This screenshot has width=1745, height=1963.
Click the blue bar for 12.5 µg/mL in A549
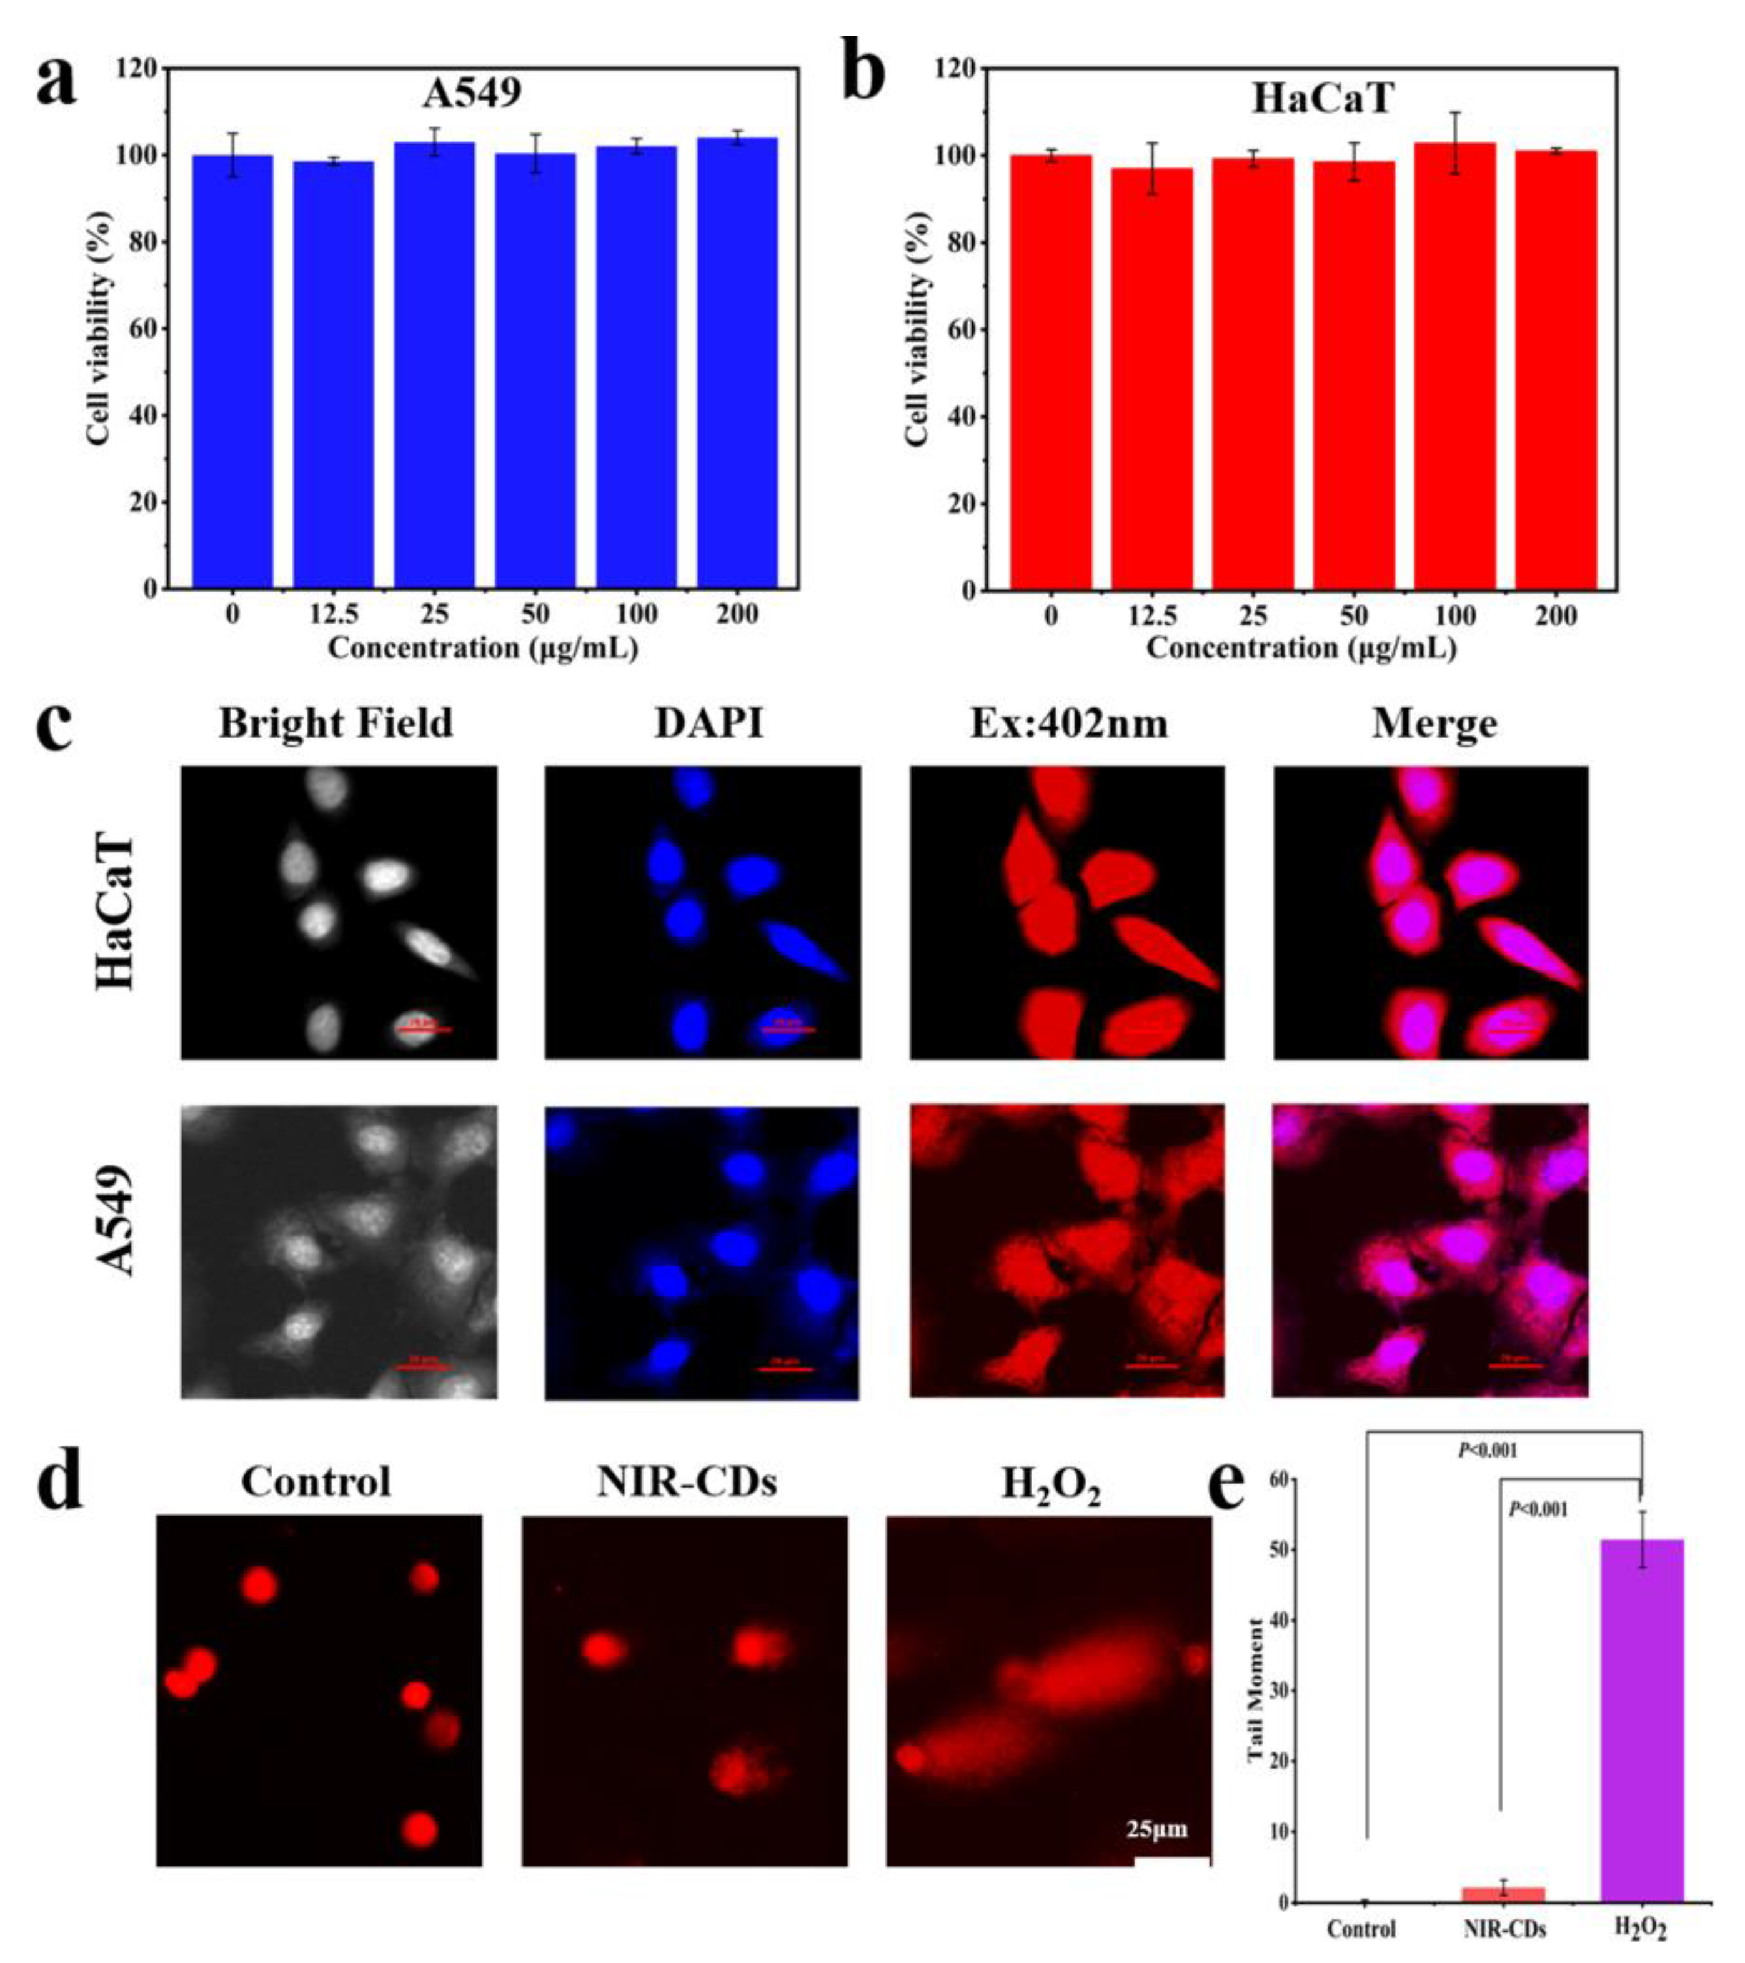(x=333, y=375)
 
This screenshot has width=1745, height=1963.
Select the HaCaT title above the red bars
(x=1321, y=98)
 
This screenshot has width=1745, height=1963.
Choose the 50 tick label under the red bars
(x=1353, y=615)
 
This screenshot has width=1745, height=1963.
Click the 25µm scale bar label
(x=1156, y=1829)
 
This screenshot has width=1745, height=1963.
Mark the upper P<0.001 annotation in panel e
(x=1488, y=1450)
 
